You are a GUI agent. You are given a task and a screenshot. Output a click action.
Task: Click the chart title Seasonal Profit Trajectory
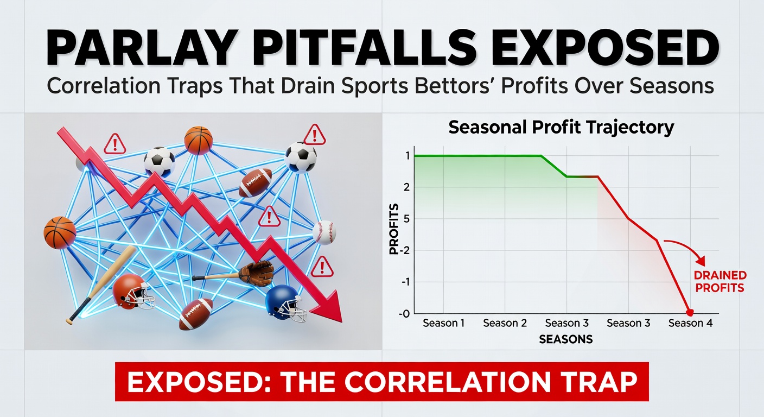562,128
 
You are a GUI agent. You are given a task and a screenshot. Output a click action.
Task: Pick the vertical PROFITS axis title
394,229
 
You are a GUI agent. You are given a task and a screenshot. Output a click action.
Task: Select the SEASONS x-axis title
566,339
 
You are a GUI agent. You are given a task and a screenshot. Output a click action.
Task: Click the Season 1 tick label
443,323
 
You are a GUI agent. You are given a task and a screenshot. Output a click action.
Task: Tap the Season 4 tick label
690,323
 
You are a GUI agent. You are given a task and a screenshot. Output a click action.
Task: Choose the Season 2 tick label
505,323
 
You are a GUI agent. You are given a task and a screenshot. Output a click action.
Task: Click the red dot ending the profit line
690,313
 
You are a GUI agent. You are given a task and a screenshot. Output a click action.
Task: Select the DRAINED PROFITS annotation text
720,282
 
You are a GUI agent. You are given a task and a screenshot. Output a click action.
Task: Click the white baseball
324,232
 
